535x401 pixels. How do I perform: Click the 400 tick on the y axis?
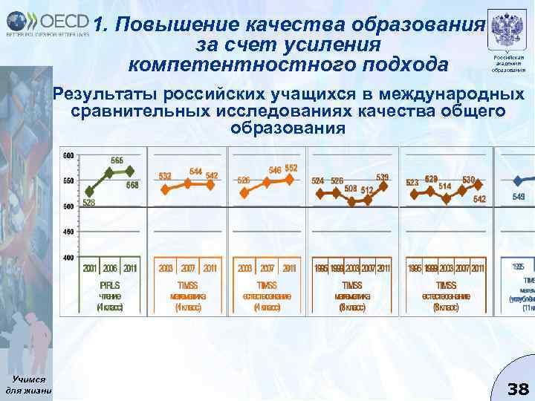pos(68,257)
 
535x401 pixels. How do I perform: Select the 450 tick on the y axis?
pos(68,232)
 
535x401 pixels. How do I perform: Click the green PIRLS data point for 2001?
pos(90,192)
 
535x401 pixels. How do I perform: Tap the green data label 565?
pos(117,160)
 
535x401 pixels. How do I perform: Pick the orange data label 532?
pos(165,176)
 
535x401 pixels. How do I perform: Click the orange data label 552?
pos(291,168)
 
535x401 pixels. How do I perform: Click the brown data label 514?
pos(445,186)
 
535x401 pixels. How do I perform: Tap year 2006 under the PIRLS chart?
pos(109,268)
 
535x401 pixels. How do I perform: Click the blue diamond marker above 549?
pos(518,180)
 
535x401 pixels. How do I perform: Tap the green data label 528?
pos(87,203)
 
